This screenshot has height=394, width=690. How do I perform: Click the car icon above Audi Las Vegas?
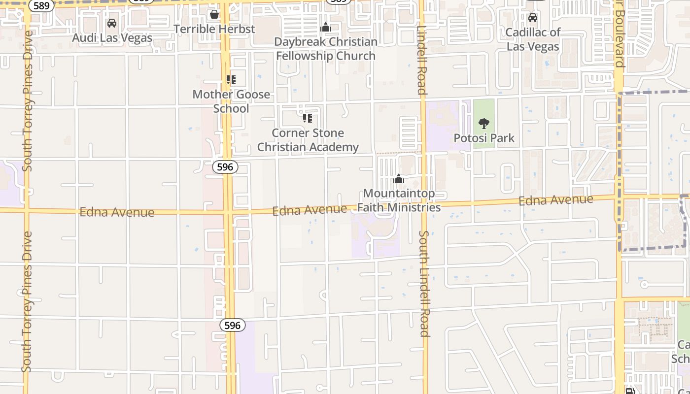[x=112, y=23]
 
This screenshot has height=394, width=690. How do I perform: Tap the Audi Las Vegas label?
[x=112, y=38]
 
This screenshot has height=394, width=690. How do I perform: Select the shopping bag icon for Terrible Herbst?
[x=214, y=14]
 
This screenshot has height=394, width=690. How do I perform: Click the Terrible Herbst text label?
[x=214, y=29]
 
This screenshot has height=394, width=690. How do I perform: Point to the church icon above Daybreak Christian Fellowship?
[x=326, y=27]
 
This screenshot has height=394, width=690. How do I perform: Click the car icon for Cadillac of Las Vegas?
[x=533, y=18]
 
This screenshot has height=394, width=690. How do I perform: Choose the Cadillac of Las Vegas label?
[x=533, y=39]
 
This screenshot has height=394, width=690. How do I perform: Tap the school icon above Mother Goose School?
[x=231, y=80]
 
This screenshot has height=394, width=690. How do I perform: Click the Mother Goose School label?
[x=231, y=101]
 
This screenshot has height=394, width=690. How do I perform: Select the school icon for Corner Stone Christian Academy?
[x=308, y=118]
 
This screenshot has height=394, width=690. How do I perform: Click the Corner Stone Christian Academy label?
[x=308, y=140]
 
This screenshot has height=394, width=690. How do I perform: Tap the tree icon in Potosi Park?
[x=484, y=124]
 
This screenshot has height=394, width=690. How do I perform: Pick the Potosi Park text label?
[x=484, y=138]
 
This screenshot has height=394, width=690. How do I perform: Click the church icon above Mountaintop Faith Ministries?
[x=399, y=179]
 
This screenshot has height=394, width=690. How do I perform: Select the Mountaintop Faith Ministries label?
[x=399, y=200]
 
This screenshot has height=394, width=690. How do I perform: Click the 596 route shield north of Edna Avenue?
[x=225, y=167]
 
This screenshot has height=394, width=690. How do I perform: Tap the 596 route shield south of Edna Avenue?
[x=232, y=325]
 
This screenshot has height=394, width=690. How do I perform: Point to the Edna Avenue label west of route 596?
[x=117, y=212]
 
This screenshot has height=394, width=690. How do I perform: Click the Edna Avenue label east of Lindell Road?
[x=555, y=200]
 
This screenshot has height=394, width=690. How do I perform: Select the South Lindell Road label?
[x=424, y=283]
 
